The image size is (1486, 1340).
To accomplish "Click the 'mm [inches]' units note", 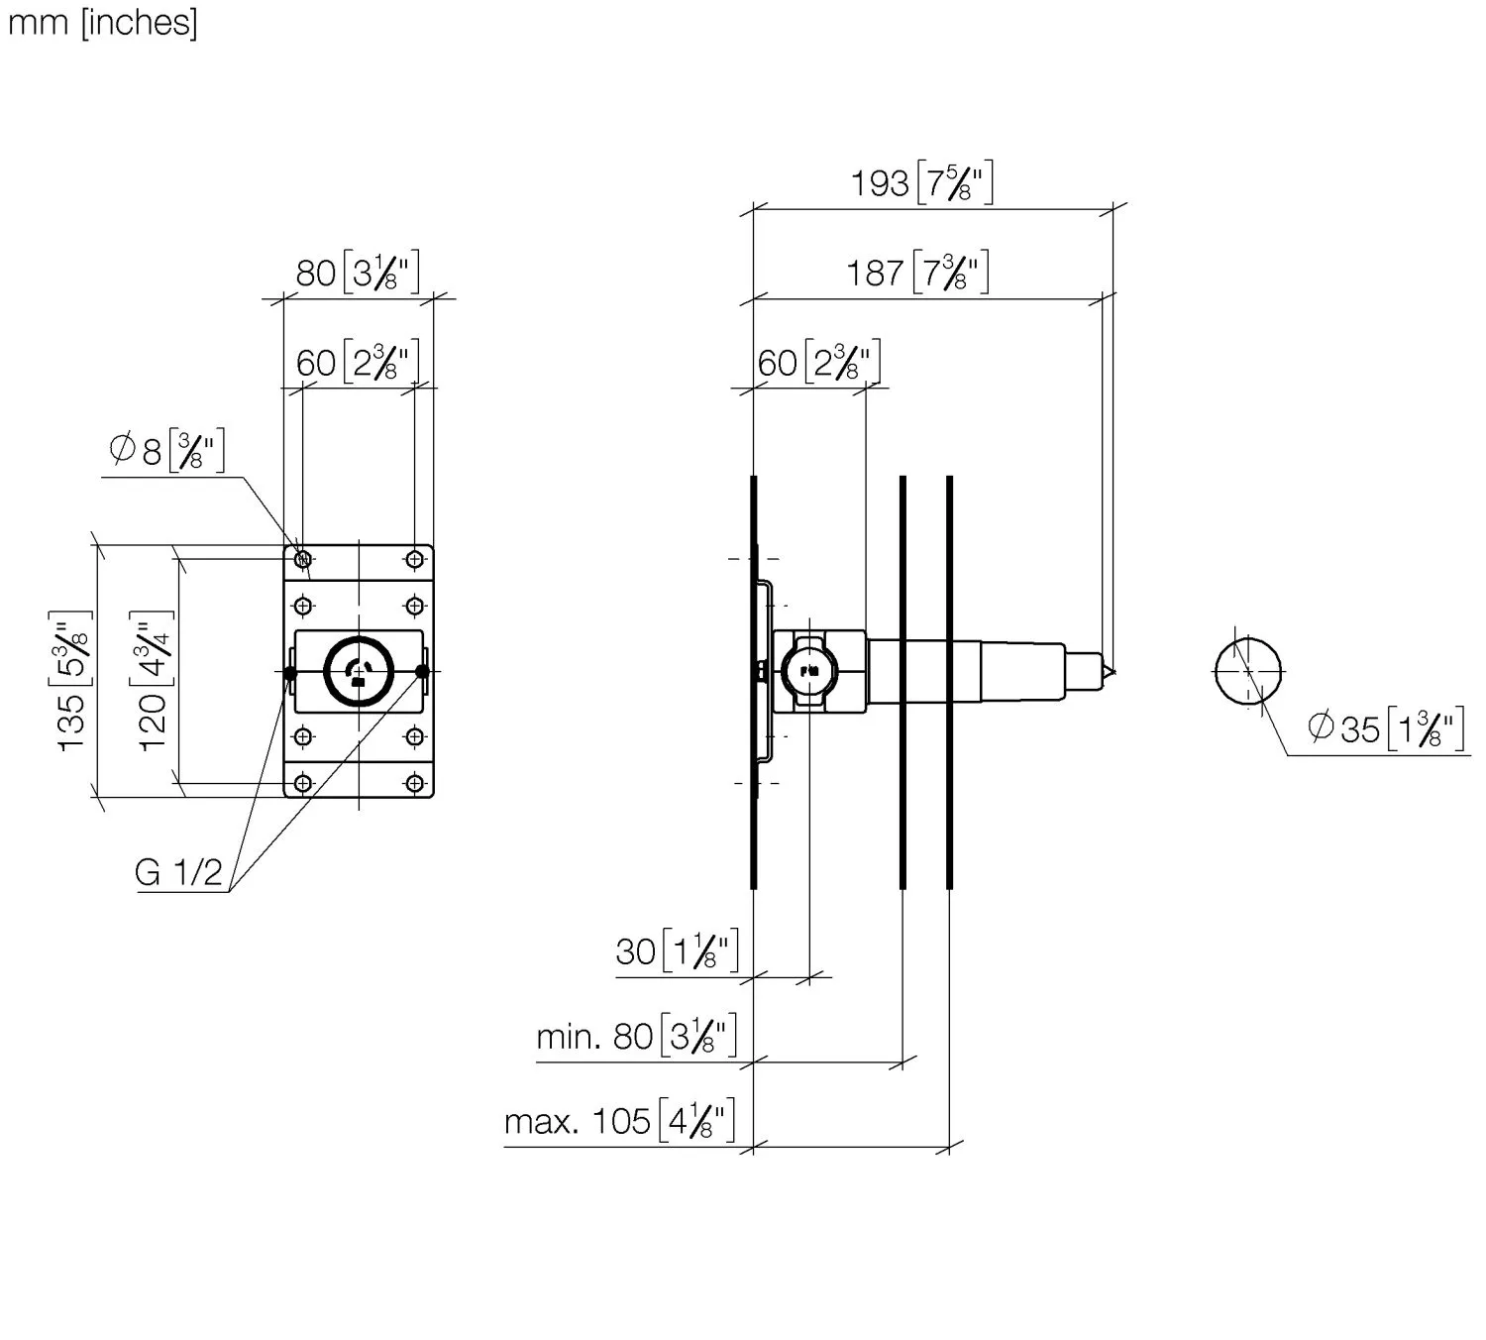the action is [102, 23].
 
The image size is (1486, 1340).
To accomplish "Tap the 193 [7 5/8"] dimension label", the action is [921, 182].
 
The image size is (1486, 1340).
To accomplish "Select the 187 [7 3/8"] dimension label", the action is [917, 272].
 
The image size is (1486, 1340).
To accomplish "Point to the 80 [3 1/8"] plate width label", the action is [357, 272].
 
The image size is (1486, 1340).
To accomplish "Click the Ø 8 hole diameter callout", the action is [166, 450].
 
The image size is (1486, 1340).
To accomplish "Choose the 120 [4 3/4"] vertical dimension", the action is [153, 680].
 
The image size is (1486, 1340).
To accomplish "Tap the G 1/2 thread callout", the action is [178, 872].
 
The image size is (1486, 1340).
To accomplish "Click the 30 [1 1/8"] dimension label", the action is [677, 950].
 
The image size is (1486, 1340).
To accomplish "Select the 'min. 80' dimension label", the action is [636, 1036].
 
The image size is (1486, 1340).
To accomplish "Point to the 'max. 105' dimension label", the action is [619, 1121].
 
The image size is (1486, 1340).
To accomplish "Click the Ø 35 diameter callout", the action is [1386, 728].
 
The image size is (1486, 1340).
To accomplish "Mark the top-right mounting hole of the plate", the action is [415, 560].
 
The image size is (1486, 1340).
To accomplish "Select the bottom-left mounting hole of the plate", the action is [302, 783].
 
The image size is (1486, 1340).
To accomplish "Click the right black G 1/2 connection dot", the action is [422, 671].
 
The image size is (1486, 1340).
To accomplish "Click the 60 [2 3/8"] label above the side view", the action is [818, 363].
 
